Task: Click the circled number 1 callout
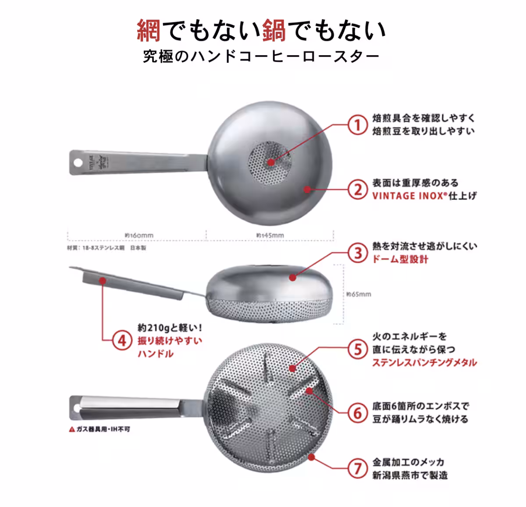coord(358,125)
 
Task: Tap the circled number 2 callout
coord(358,190)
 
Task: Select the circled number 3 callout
coord(358,253)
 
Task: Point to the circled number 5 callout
coord(358,350)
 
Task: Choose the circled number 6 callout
coord(358,413)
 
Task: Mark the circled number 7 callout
coord(358,468)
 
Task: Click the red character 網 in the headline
coord(149,31)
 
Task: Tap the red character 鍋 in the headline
coord(275,31)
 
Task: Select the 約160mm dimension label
coord(139,236)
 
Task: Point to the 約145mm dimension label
coord(270,236)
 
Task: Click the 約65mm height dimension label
coord(359,294)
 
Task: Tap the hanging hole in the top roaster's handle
coord(78,162)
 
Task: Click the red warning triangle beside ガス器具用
coord(72,429)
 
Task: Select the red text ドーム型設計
coord(400,259)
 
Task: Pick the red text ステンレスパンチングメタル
coord(424,362)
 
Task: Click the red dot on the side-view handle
coord(102,279)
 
